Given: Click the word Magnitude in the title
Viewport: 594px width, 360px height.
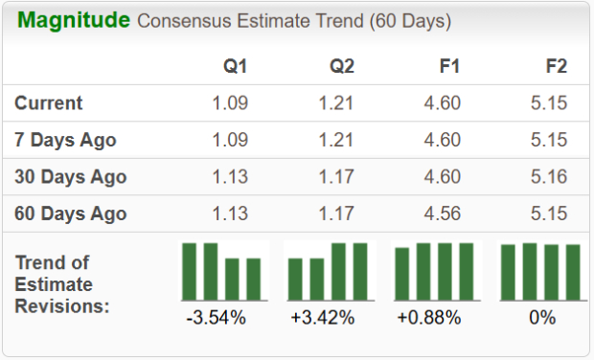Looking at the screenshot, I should [74, 20].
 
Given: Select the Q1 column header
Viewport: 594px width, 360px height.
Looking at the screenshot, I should [235, 67].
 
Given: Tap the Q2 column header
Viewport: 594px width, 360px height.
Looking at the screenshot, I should [342, 67].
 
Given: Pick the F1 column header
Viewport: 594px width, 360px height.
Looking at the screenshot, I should [448, 67].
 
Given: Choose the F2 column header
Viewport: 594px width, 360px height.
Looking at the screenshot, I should [556, 67].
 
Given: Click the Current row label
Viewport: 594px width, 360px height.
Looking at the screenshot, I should [49, 103].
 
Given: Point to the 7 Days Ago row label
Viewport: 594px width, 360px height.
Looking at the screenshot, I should [65, 140].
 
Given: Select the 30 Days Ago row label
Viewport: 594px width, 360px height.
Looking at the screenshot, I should [71, 177].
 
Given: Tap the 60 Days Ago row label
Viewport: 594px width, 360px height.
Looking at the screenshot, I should [71, 214].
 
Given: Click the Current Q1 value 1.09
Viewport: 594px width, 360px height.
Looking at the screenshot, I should [230, 103].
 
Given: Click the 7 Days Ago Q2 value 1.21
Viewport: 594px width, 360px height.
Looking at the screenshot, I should [335, 140].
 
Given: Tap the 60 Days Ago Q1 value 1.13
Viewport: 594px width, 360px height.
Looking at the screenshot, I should [230, 214].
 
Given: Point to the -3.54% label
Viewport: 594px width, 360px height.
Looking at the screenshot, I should [216, 317].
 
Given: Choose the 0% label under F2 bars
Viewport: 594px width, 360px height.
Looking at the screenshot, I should [541, 317].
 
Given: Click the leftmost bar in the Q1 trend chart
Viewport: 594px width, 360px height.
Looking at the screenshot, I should [190, 271].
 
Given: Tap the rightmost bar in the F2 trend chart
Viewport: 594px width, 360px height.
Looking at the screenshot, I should [573, 272].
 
